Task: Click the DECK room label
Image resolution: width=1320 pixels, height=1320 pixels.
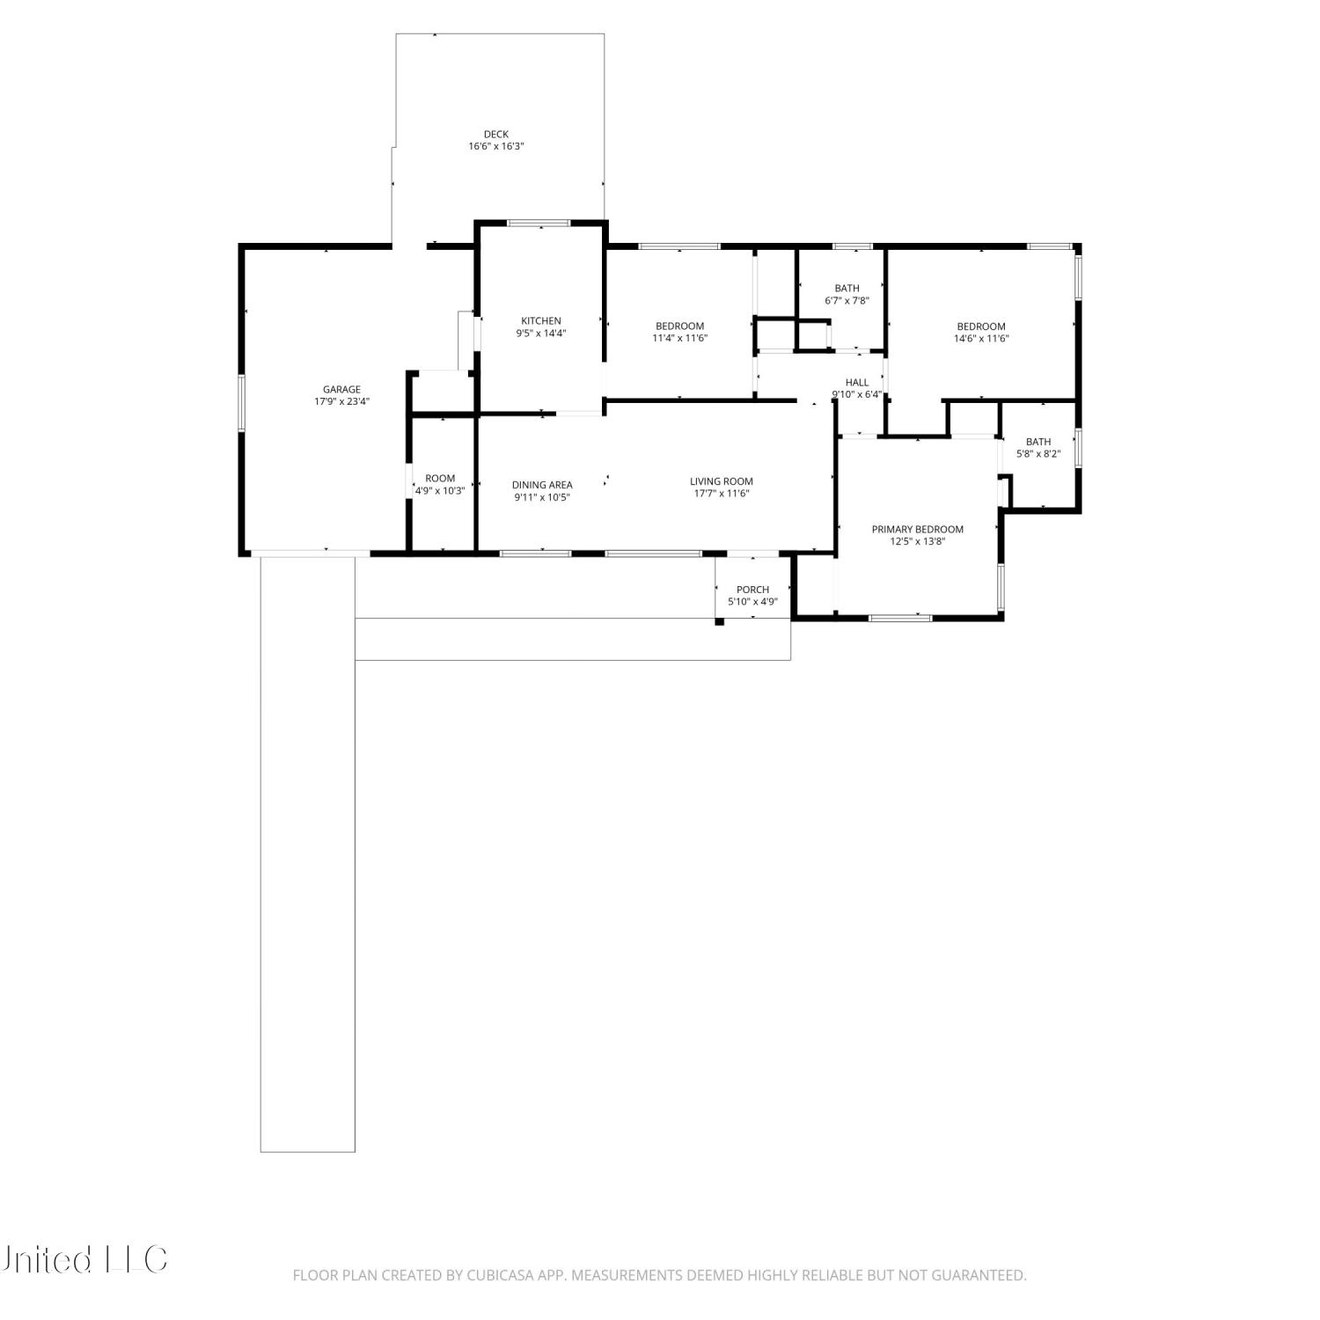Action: pos(496,135)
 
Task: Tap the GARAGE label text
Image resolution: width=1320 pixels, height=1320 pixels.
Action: pos(341,390)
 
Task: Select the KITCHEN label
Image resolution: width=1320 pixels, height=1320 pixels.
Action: pos(541,321)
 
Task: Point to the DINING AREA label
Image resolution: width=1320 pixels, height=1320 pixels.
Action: pos(542,485)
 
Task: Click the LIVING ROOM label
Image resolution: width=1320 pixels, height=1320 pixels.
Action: pos(722,481)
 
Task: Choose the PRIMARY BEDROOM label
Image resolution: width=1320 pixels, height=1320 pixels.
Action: pos(918,530)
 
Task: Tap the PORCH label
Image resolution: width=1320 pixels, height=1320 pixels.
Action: pos(753,590)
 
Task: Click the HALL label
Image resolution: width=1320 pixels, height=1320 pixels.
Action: pos(857,383)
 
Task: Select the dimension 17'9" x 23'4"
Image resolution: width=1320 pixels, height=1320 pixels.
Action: pos(341,401)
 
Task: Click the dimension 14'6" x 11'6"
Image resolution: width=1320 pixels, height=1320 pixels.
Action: pos(981,338)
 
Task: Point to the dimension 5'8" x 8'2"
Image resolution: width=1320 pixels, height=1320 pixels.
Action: pos(1038,454)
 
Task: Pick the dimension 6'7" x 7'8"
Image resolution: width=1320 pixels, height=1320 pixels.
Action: pos(847,300)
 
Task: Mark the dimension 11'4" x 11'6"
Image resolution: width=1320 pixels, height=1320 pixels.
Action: pos(680,338)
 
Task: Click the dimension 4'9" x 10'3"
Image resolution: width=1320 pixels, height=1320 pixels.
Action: pos(440,491)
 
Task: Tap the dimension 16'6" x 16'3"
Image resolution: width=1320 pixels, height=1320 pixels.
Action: pos(496,146)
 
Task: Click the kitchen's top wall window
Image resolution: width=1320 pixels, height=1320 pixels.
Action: pos(539,224)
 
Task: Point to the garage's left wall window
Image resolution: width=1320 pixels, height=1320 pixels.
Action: pos(242,404)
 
